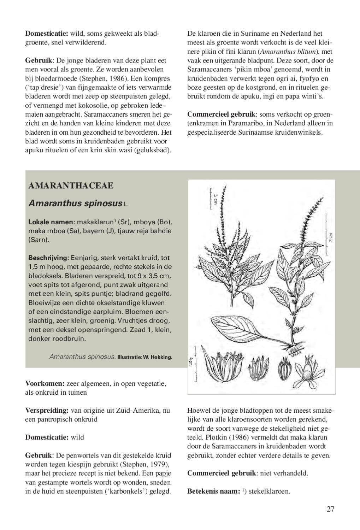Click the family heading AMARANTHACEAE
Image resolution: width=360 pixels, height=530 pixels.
[x=71, y=186]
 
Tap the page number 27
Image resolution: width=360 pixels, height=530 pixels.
[x=330, y=509]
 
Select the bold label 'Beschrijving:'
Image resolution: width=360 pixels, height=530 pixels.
[x=48, y=258]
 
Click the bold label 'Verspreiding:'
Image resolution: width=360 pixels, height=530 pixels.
[x=47, y=410]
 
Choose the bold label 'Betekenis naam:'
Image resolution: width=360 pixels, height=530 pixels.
[x=213, y=491]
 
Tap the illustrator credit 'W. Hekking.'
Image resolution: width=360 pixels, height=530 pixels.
[x=158, y=357]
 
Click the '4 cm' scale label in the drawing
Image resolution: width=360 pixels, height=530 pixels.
[x=191, y=361]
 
